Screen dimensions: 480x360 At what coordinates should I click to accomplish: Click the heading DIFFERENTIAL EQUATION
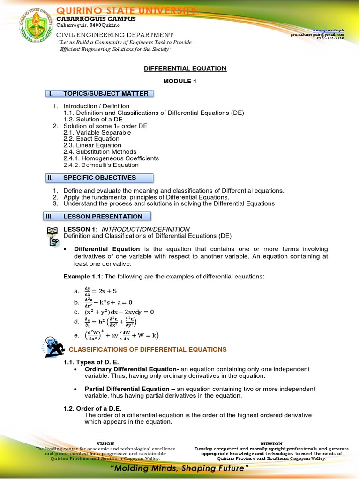point(185,68)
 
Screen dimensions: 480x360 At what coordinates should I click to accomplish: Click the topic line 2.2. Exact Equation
point(91,139)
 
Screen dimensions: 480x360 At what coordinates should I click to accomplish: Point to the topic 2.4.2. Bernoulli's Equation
point(101,165)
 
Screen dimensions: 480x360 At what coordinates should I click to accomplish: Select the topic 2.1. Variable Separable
point(97,132)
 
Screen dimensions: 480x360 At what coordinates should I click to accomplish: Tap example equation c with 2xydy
point(119,312)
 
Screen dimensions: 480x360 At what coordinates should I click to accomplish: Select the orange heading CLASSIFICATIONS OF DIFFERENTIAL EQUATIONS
point(148,350)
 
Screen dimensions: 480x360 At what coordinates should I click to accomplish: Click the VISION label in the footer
point(105,443)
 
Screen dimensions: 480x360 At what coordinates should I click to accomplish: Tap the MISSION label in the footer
point(271,443)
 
